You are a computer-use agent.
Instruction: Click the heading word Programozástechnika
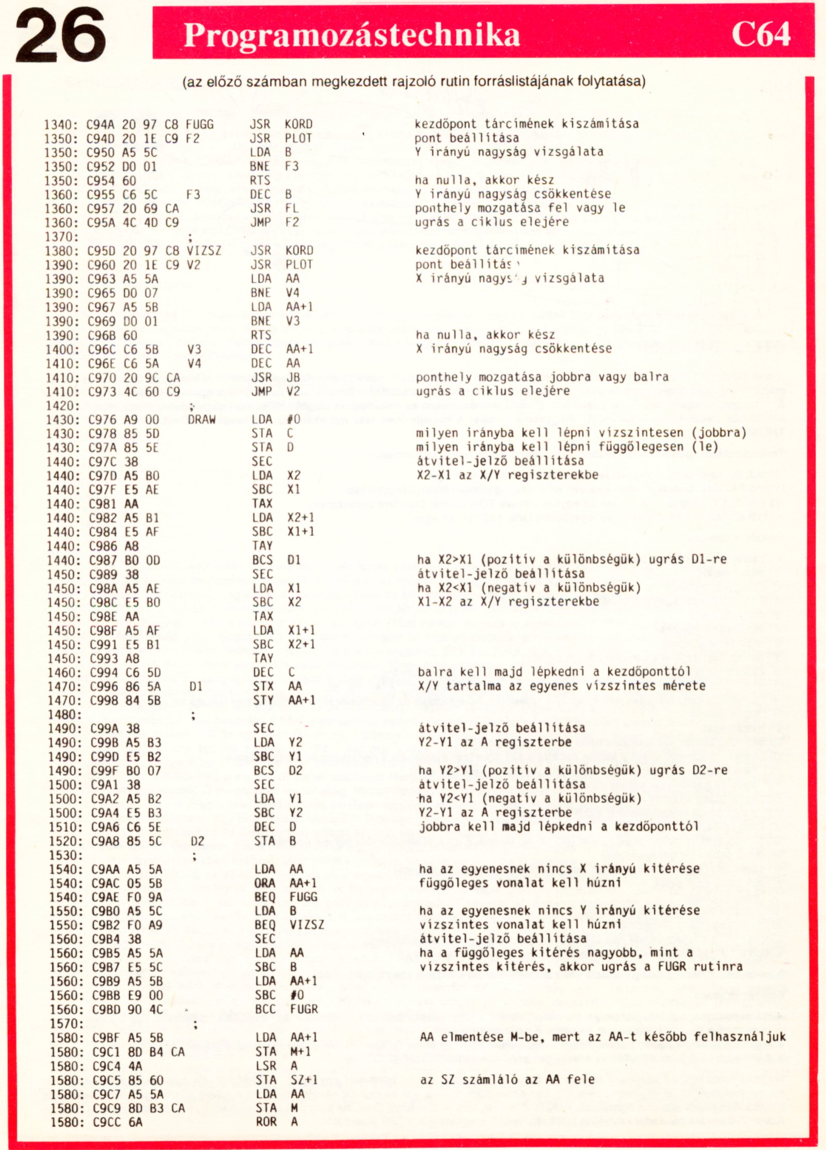click(352, 35)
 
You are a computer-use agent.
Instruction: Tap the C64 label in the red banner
click(760, 35)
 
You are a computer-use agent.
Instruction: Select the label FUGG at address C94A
click(200, 124)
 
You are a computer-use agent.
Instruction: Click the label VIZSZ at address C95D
click(204, 251)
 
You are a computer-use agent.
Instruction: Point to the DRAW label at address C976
click(202, 420)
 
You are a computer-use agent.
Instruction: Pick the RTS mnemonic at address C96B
click(261, 336)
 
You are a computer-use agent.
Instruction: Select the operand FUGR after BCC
click(304, 1009)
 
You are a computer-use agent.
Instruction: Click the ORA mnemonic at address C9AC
click(265, 883)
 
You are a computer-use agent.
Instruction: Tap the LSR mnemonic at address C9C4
click(266, 1066)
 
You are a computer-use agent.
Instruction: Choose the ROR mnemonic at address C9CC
click(266, 1122)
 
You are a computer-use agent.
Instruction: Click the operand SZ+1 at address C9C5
click(304, 1080)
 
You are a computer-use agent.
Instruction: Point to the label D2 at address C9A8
click(198, 841)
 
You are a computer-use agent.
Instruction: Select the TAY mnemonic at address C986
click(263, 546)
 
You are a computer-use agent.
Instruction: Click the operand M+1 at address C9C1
click(300, 1052)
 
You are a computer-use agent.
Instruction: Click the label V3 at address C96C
click(195, 349)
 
